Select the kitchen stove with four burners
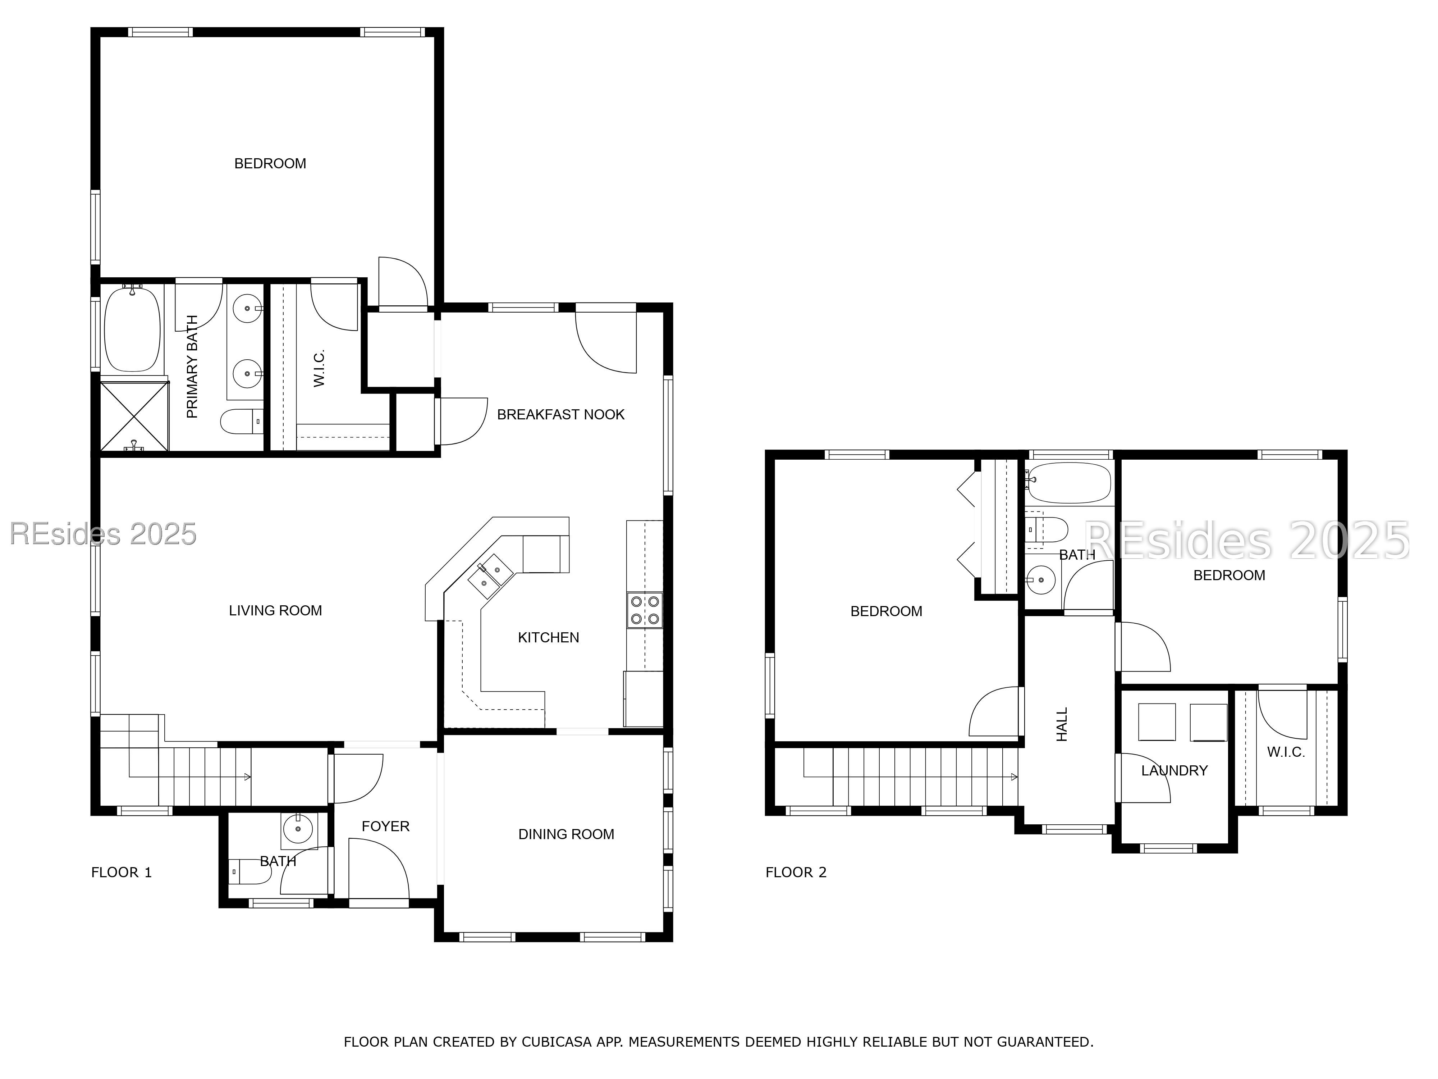tap(644, 610)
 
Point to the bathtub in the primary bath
tap(133, 329)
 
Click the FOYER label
tap(385, 827)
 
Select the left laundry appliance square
tap(1157, 722)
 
